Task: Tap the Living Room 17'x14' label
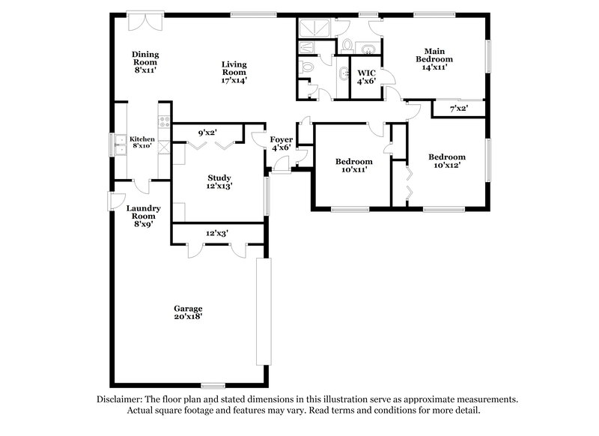(234, 72)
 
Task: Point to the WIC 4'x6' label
(366, 76)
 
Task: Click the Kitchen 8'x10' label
(142, 142)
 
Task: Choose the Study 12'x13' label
(219, 181)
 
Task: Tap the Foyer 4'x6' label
(282, 143)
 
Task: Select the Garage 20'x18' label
(188, 312)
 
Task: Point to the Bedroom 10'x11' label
(353, 166)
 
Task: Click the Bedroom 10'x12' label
(447, 161)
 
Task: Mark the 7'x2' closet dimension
(458, 109)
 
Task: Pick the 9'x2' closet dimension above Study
(207, 133)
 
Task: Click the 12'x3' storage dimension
(217, 234)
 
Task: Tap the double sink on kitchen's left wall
(119, 143)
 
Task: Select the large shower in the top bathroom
(315, 29)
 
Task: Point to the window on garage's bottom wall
(213, 385)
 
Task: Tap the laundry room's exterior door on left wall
(112, 202)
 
